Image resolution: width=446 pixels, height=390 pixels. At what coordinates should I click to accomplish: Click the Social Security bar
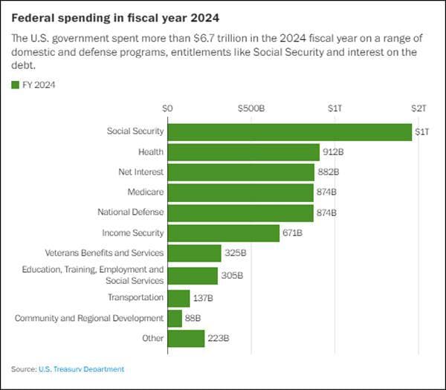click(x=290, y=131)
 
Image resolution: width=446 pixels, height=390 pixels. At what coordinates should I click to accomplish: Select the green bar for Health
click(x=243, y=152)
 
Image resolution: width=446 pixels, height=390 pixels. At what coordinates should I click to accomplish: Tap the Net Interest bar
click(x=241, y=172)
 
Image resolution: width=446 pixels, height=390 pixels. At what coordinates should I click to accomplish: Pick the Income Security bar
click(x=224, y=233)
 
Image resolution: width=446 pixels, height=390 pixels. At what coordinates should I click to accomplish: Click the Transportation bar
click(x=178, y=298)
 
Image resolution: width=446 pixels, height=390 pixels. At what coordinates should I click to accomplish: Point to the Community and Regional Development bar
click(x=175, y=319)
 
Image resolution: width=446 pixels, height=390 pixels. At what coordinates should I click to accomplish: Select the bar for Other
click(x=186, y=339)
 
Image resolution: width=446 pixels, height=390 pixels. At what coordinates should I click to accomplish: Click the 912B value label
click(x=331, y=152)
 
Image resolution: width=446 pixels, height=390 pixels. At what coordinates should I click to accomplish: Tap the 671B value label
click(x=292, y=233)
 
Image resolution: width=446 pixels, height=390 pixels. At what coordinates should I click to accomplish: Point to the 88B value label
click(x=193, y=319)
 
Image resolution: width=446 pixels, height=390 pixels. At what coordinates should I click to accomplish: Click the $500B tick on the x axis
click(x=251, y=108)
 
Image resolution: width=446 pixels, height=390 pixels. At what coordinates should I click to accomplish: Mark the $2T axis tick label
click(x=419, y=108)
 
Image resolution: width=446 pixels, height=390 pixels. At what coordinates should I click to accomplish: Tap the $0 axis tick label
click(x=167, y=108)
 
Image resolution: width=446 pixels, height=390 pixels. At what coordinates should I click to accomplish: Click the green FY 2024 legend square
click(x=16, y=85)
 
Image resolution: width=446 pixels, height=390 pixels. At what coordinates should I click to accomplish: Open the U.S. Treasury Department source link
click(x=81, y=369)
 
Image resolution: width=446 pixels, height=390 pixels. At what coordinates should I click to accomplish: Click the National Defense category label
click(x=130, y=212)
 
